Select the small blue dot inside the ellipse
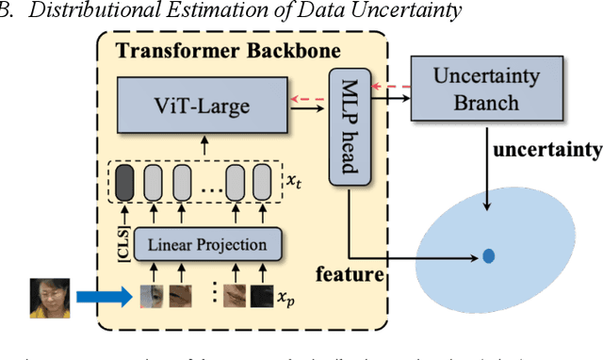coord(489,255)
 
